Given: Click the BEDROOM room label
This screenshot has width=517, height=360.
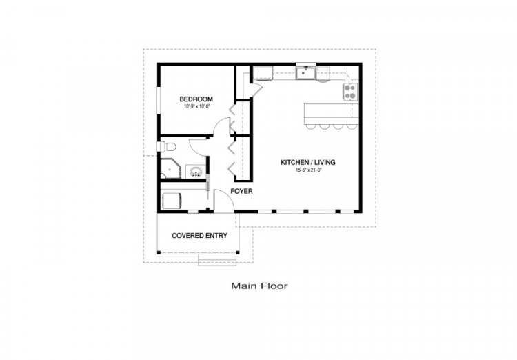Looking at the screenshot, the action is (196, 99).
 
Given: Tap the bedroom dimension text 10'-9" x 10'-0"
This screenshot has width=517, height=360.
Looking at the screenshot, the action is (197, 107).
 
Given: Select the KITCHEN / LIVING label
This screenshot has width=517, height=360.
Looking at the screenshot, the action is (308, 162).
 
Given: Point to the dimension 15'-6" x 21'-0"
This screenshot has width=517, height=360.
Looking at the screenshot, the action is (308, 170).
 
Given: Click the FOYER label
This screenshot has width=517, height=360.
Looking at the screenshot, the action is (242, 192).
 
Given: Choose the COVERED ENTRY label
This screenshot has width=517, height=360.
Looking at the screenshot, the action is (199, 236).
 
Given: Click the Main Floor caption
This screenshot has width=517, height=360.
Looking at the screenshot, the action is (259, 286).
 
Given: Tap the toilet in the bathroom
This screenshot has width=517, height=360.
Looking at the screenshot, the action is (167, 146).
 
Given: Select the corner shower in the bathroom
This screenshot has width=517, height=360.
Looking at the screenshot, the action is (170, 168).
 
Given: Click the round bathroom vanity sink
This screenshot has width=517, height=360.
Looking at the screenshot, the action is (196, 172).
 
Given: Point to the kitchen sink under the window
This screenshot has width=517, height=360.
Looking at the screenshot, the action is (305, 72).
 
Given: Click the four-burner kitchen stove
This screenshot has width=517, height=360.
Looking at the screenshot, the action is (350, 92).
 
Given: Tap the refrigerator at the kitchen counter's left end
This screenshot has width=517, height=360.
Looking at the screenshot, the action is (263, 73).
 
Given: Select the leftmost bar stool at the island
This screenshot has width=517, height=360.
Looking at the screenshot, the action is (311, 126).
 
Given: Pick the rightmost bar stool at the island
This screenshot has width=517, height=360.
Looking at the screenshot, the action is (352, 126).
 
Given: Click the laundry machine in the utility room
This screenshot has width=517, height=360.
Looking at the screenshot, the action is (172, 201).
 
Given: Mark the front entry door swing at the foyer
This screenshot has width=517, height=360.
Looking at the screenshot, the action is (224, 199).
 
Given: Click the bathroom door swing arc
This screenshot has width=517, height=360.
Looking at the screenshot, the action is (197, 146).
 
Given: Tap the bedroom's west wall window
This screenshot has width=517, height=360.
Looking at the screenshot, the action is (159, 100).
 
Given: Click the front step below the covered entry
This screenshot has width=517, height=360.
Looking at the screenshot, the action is (218, 260).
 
